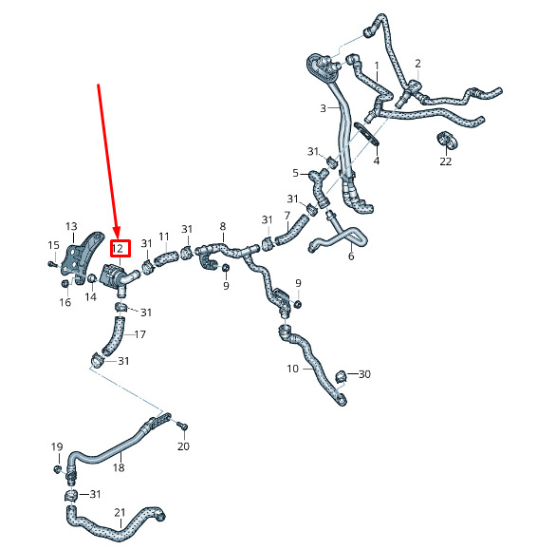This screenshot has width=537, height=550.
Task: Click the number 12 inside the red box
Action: click(118, 248)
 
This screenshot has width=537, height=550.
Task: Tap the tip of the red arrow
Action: click(118, 238)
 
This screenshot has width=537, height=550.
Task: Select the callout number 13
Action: click(71, 226)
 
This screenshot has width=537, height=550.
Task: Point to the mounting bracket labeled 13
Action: click(82, 256)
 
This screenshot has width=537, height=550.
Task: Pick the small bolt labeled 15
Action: click(52, 264)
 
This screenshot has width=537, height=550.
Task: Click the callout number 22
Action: click(446, 161)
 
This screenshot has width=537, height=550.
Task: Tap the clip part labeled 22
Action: click(447, 140)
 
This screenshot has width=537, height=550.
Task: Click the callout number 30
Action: click(364, 374)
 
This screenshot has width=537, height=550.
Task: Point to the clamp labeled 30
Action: click(342, 377)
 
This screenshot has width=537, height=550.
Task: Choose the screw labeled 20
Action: click(182, 426)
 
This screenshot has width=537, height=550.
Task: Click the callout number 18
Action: click(119, 467)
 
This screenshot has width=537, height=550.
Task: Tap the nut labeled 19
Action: click(56, 468)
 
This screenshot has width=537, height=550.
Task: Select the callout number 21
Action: click(120, 512)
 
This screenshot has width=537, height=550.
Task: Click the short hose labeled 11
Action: click(166, 257)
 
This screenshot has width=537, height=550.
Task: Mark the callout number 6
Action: click(351, 256)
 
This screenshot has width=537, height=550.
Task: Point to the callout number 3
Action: click(323, 108)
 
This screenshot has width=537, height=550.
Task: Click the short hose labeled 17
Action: click(113, 335)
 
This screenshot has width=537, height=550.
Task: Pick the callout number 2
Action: click(417, 64)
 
